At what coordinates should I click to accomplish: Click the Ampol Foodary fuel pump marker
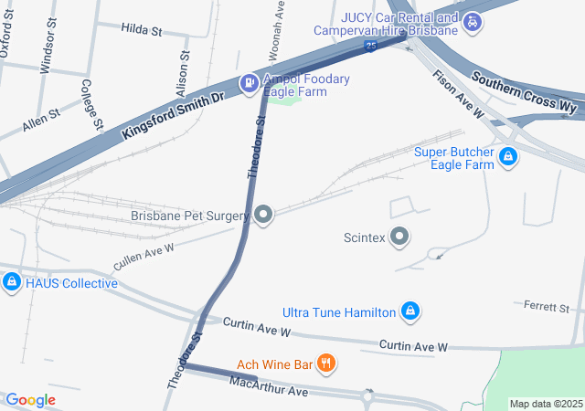[248, 84]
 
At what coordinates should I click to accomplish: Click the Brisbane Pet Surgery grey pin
[263, 216]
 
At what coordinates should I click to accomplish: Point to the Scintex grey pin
[399, 237]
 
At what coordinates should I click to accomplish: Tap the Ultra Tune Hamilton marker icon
[411, 312]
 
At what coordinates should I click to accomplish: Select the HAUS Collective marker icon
[12, 282]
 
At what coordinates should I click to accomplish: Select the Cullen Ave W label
[143, 255]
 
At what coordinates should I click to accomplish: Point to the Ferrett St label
[547, 306]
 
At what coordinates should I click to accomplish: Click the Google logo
[30, 400]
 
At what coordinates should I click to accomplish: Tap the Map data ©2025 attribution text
[546, 404]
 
